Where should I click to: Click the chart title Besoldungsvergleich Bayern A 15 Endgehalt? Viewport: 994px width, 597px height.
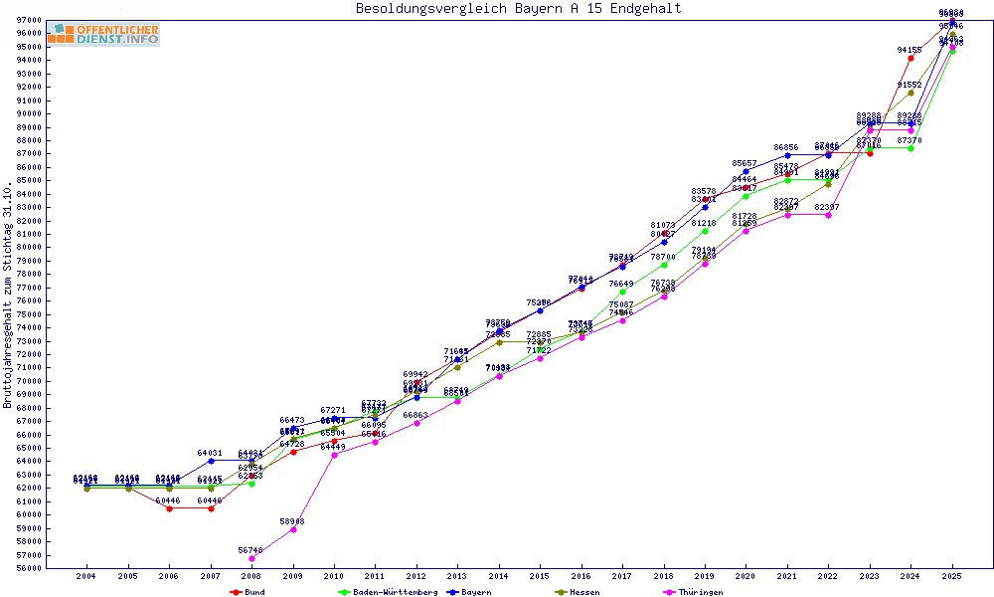(x=518, y=9)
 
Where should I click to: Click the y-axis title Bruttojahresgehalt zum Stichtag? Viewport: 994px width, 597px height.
(x=9, y=296)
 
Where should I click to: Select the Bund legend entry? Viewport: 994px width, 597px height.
(x=253, y=592)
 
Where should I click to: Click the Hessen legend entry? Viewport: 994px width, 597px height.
(x=583, y=592)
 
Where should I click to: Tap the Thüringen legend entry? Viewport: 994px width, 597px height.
(x=698, y=592)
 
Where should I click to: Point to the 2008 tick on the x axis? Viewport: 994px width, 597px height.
(x=252, y=576)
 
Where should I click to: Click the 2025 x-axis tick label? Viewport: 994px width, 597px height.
(x=952, y=576)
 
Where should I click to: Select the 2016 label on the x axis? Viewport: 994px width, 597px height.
(x=581, y=576)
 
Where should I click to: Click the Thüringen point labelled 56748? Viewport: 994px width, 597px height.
(x=252, y=558)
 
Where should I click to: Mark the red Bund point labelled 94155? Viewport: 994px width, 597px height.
(x=911, y=58)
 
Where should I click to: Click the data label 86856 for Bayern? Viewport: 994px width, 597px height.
(x=786, y=147)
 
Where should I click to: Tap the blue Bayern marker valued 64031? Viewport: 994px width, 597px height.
(x=211, y=461)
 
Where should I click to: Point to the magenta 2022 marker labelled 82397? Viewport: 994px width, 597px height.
(x=828, y=215)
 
